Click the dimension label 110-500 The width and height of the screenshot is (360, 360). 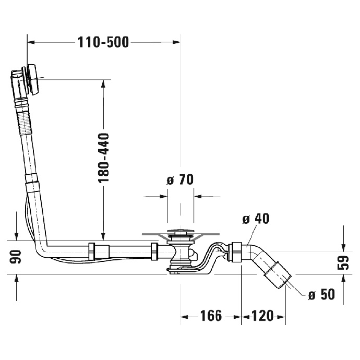103,42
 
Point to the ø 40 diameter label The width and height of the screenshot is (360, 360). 256,219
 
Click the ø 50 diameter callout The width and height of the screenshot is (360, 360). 321,295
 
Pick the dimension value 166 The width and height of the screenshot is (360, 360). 211,316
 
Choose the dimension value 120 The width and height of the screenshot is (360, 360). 262,316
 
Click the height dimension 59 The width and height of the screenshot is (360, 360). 343,262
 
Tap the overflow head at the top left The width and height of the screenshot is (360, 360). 29,80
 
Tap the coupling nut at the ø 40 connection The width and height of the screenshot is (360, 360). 236,251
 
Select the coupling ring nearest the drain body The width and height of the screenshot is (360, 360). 154,251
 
